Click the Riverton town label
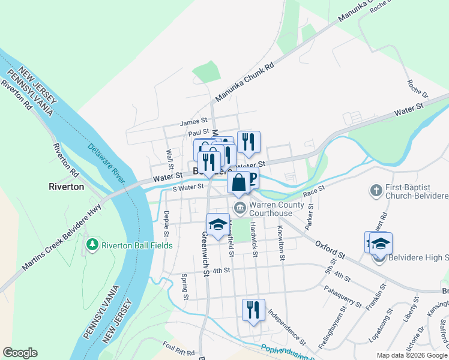coord(66,187)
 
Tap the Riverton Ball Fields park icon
coord(92,245)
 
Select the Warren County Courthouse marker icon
coord(240,208)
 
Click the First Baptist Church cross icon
coord(376,191)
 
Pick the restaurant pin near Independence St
coord(253,310)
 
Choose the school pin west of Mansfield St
coord(218,224)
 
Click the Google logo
coord(20,353)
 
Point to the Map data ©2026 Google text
coord(412,355)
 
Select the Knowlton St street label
coord(280,243)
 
